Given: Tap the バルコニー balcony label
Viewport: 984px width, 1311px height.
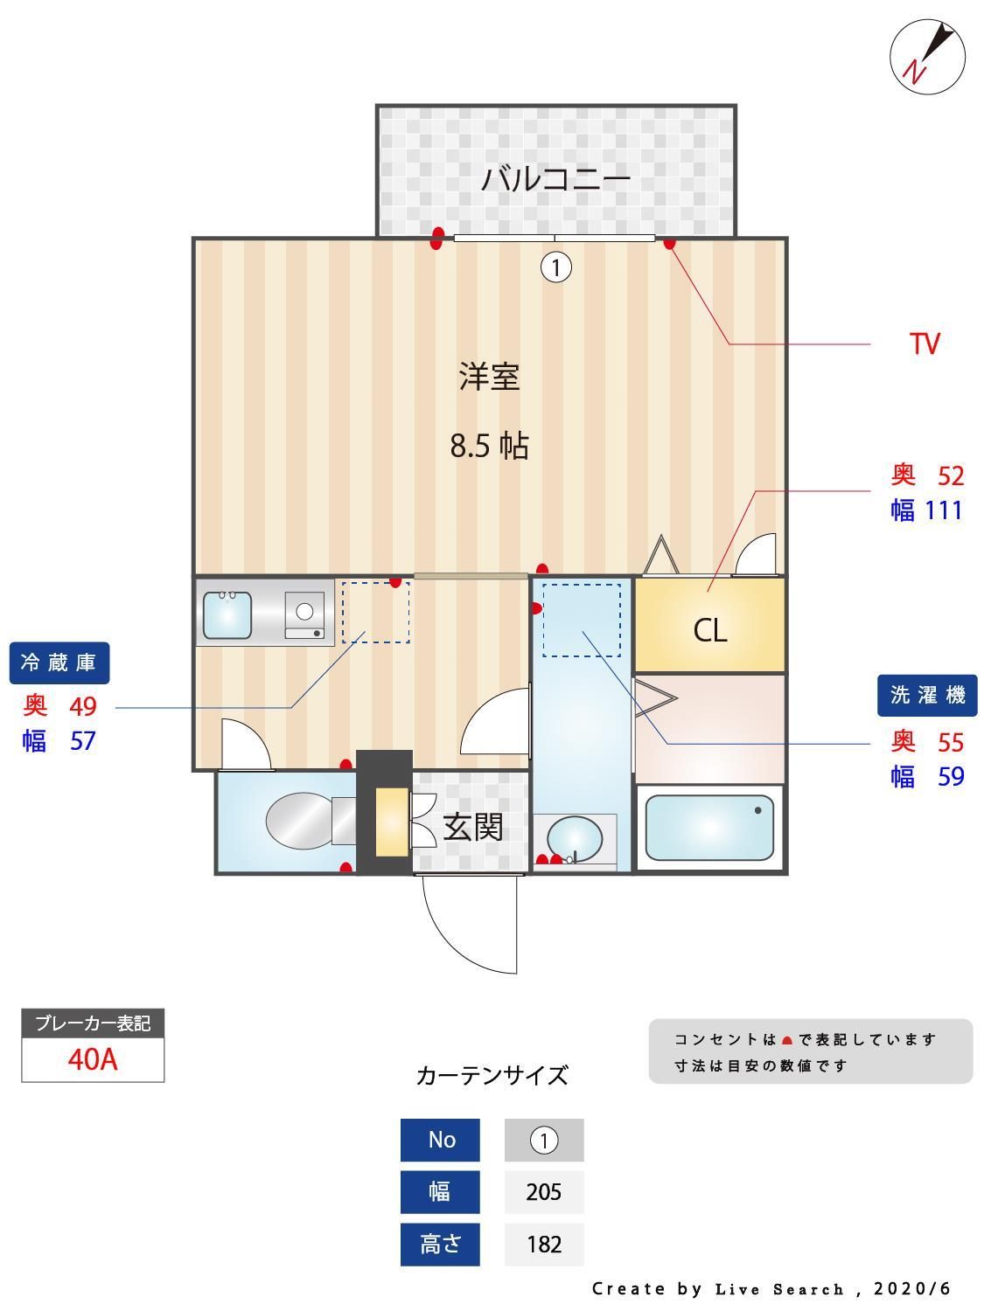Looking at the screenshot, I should click(555, 179).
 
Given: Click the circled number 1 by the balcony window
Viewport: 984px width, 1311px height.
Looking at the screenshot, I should click(556, 267).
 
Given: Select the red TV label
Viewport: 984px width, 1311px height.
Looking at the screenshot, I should click(924, 343).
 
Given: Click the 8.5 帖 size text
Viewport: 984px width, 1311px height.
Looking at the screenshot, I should click(489, 447).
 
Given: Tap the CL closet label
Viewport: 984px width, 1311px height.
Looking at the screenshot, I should click(709, 629).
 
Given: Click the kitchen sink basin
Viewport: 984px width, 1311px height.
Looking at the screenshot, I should click(227, 615).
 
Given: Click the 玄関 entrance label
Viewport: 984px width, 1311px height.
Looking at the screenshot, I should click(473, 826).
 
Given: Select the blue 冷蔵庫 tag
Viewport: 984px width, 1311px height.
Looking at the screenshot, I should click(59, 662).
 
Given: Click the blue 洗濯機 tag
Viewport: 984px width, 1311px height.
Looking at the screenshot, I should click(927, 695).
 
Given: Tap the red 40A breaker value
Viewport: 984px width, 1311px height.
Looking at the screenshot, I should click(93, 1059).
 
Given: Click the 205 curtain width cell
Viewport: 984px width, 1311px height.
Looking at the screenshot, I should click(544, 1192).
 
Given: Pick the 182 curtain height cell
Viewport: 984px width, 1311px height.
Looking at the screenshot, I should click(544, 1244).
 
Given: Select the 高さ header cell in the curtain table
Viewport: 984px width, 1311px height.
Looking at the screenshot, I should click(440, 1244).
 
